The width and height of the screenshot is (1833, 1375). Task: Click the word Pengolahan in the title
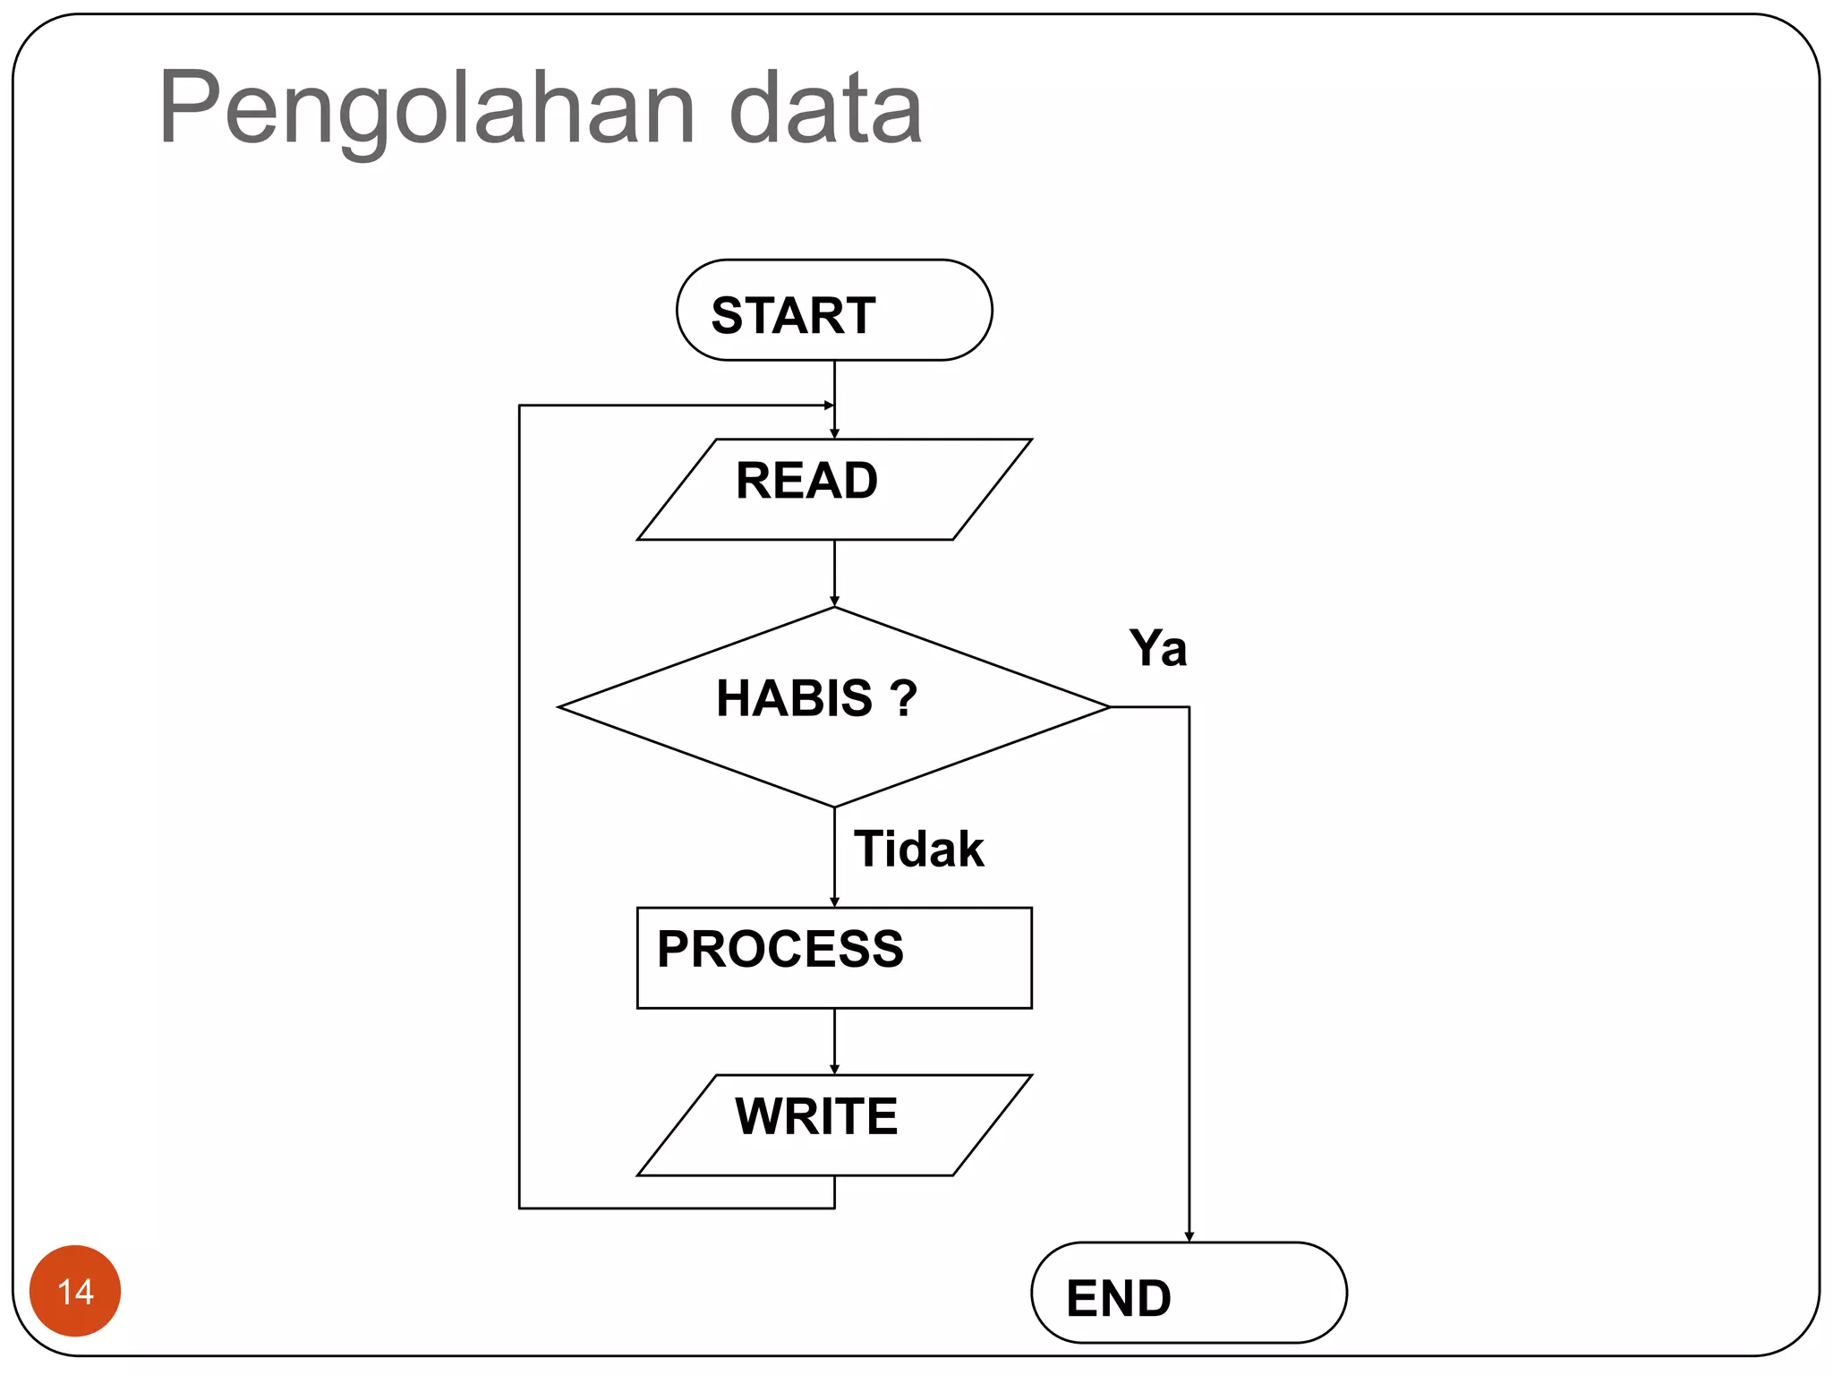[427, 109]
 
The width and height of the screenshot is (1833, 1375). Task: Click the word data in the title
[825, 109]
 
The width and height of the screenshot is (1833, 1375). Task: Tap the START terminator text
[793, 315]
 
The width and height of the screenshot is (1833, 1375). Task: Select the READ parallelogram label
[806, 481]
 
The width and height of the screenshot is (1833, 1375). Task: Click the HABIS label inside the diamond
[794, 698]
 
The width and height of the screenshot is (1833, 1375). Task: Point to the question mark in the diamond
[904, 698]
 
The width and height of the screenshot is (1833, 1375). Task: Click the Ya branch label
[1157, 648]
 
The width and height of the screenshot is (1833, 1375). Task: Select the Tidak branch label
[918, 849]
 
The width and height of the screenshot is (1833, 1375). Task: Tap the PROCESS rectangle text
[780, 949]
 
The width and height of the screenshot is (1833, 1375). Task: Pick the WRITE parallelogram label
[816, 1116]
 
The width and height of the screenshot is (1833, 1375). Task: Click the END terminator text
[1119, 1298]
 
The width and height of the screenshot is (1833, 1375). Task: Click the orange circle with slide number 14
[75, 1291]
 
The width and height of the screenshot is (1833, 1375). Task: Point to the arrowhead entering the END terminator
[1189, 1236]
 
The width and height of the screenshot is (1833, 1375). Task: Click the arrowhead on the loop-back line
[828, 406]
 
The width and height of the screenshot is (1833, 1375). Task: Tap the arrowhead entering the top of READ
[834, 433]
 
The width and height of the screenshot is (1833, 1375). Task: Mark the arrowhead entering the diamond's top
[834, 602]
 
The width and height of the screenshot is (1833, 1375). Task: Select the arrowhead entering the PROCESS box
[834, 901]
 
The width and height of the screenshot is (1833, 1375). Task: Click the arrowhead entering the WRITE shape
[834, 1069]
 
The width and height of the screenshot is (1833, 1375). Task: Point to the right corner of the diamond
[1109, 707]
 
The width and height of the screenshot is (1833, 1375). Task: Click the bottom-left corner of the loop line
[519, 1208]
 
